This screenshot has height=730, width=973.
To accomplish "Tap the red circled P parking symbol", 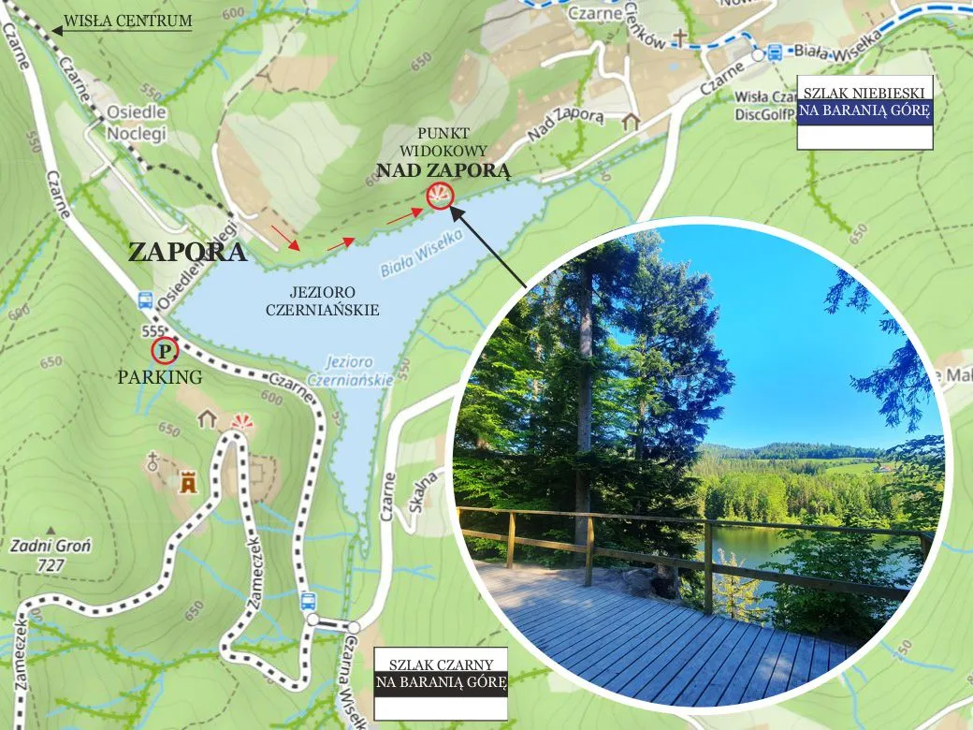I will (164, 351).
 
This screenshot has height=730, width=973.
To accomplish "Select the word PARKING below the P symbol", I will (160, 378).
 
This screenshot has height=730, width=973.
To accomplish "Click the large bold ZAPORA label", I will (187, 253).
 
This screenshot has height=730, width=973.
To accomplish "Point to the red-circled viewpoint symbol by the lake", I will (439, 196).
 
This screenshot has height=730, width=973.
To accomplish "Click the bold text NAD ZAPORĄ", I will (443, 170).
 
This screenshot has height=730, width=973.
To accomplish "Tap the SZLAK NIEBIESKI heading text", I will (864, 93).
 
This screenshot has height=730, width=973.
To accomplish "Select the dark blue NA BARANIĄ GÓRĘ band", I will (864, 113).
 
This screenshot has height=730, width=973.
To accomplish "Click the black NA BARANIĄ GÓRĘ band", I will (441, 681).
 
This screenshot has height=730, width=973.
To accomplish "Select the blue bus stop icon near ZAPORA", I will (145, 299).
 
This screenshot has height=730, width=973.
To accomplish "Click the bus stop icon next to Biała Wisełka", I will (775, 52).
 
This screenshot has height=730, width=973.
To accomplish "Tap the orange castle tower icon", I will (189, 483).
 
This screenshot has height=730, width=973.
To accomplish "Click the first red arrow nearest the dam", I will (286, 238).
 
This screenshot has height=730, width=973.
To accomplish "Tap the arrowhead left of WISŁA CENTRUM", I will (57, 30).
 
